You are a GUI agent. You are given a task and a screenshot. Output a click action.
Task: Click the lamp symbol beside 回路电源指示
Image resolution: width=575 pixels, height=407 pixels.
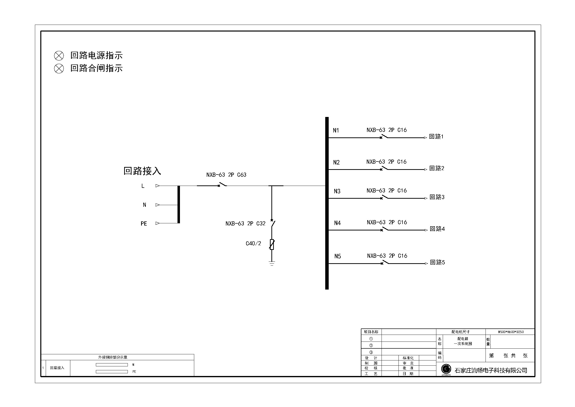tap(59, 55)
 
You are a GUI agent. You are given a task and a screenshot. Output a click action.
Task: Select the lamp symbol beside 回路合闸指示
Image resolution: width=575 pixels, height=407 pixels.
tap(59, 68)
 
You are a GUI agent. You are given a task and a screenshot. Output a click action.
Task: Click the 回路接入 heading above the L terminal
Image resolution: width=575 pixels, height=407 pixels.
tap(142, 171)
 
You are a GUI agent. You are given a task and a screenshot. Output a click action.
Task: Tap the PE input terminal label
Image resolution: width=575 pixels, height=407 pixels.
tap(144, 223)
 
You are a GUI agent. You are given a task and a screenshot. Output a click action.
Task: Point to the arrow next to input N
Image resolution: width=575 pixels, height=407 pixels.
tap(158, 205)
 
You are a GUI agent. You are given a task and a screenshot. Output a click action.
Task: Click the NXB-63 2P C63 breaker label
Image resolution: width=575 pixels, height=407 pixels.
tap(226, 175)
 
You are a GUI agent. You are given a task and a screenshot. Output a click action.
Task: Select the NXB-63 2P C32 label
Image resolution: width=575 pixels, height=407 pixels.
tap(245, 223)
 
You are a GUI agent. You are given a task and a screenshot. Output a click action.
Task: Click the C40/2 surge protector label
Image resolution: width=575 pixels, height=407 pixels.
tap(253, 244)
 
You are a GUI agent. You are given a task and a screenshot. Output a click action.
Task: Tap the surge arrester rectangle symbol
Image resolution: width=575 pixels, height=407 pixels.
tap(272, 244)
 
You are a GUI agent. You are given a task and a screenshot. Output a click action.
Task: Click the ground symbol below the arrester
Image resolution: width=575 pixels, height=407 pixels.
tap(272, 263)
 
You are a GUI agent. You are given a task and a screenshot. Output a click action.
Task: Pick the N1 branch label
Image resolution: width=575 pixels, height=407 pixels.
tap(336, 130)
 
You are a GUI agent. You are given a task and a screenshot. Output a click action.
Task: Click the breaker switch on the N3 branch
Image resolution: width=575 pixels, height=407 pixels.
tap(384, 197)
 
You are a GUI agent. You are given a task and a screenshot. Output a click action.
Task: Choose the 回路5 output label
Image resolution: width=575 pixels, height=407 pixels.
tap(438, 262)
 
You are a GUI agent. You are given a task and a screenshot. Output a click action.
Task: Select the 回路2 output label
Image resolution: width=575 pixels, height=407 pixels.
tap(437, 168)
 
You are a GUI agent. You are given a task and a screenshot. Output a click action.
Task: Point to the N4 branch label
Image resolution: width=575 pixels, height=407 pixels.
tap(337, 223)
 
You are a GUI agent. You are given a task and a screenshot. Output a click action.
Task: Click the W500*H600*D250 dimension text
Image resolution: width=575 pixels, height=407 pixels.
tap(511, 332)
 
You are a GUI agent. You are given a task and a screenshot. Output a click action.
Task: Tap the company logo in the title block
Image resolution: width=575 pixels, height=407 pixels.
tap(446, 369)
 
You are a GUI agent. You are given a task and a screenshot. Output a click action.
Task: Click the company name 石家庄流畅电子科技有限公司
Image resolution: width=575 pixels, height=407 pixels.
tap(491, 370)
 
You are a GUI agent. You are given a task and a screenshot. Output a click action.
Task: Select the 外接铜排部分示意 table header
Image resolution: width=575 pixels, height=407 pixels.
tap(113, 357)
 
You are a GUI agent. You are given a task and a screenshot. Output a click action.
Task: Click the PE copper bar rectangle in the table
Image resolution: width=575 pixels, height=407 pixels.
tap(112, 372)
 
